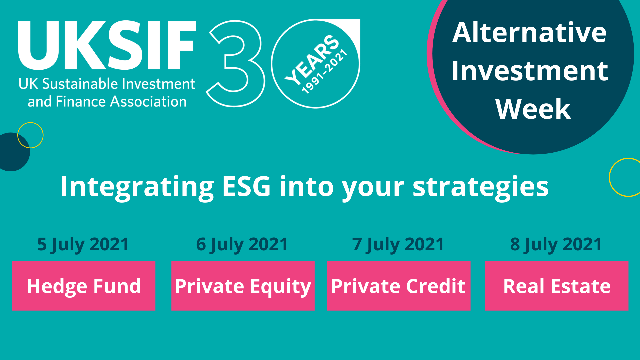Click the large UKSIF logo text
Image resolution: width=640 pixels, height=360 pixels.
[x=107, y=45]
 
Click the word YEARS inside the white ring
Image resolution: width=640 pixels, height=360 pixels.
[x=312, y=59]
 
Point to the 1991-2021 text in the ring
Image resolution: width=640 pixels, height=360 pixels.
[x=325, y=71]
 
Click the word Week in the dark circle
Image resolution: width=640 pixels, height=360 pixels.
[x=533, y=109]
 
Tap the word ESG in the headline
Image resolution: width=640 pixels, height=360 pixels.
[x=246, y=186]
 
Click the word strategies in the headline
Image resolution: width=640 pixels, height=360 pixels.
[x=481, y=187]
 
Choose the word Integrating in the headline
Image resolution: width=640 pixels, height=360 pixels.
[x=137, y=187]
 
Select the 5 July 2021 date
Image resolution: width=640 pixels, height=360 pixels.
[x=83, y=244]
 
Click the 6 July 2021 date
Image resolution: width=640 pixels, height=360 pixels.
[x=242, y=244]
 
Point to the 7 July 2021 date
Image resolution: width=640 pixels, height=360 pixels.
[x=398, y=244]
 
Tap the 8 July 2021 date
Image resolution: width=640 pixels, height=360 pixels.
[x=556, y=244]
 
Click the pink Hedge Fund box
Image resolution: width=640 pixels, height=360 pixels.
[x=84, y=286]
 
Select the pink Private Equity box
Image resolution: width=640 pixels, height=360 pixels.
[x=243, y=286]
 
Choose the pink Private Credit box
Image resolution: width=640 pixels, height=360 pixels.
[x=399, y=286]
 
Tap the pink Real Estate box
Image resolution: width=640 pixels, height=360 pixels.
[x=557, y=286]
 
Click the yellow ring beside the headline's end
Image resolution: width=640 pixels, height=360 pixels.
[x=610, y=177]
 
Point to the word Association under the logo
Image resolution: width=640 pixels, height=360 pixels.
[x=148, y=101]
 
